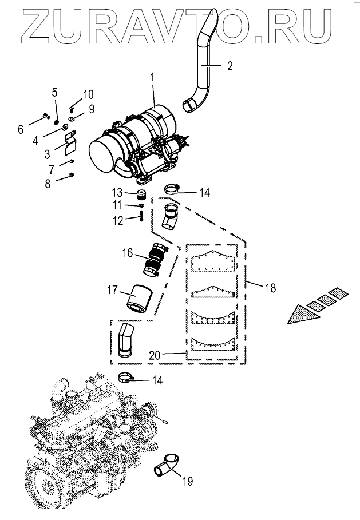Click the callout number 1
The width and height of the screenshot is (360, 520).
click(x=152, y=76)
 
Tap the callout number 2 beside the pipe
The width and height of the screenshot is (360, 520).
click(x=229, y=66)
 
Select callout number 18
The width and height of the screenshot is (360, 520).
click(x=270, y=288)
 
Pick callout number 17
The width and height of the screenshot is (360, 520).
click(x=113, y=292)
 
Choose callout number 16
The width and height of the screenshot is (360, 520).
click(x=128, y=252)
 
